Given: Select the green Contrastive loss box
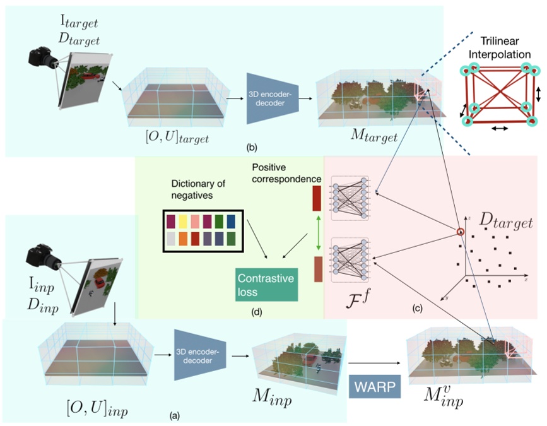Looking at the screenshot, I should coord(265,283).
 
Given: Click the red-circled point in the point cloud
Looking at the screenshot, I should coord(461,233).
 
